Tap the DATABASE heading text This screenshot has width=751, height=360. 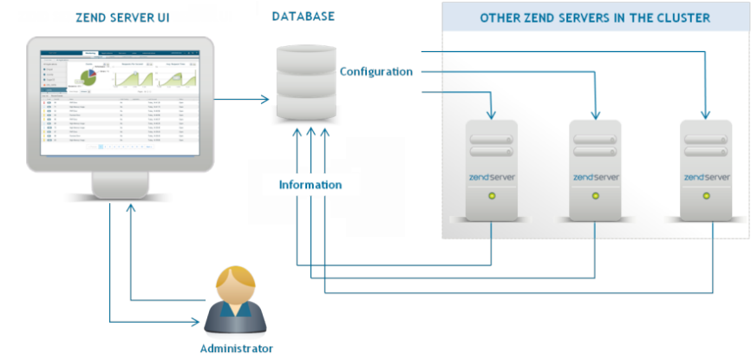coord(304,16)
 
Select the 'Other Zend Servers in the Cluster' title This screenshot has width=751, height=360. coord(595,18)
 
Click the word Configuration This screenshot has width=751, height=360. coord(375,71)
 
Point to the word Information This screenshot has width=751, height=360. coord(310,185)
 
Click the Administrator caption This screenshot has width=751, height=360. coord(236,349)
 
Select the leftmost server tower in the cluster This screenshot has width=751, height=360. coord(492,169)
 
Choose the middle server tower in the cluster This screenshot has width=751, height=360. coord(596,169)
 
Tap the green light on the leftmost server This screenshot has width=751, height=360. coord(492,197)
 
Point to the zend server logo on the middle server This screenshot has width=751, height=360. coord(596,177)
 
